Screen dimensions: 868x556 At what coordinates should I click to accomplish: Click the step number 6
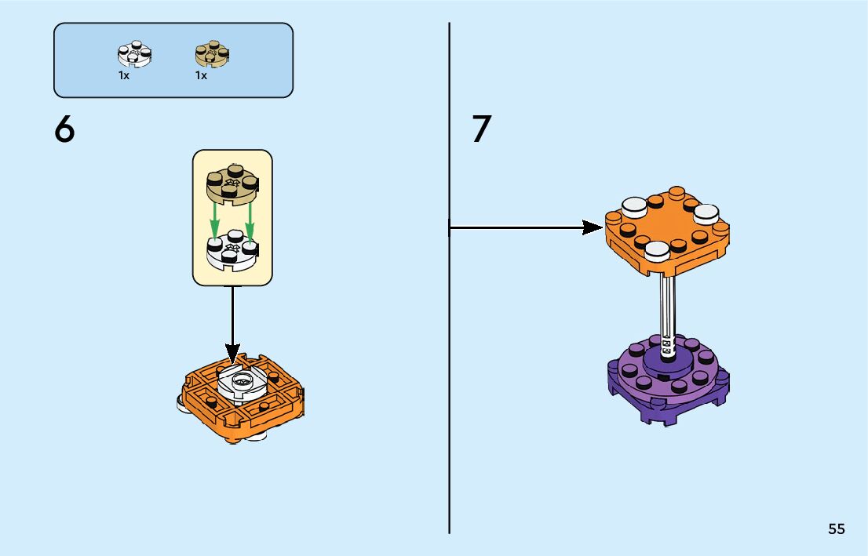click(65, 129)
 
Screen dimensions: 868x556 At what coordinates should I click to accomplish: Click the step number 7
click(481, 129)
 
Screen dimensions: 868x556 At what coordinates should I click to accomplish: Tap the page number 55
click(836, 529)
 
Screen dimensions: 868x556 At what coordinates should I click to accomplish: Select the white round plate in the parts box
click(134, 54)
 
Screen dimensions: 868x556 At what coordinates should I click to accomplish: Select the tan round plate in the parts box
click(210, 54)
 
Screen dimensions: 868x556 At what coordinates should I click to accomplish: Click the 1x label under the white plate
click(124, 76)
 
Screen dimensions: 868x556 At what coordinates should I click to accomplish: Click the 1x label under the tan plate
click(201, 76)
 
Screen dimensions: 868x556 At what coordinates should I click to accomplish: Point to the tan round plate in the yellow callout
click(232, 182)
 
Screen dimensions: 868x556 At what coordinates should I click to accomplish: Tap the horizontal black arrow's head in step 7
click(592, 228)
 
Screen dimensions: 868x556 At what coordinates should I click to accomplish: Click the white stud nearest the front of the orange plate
click(656, 250)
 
